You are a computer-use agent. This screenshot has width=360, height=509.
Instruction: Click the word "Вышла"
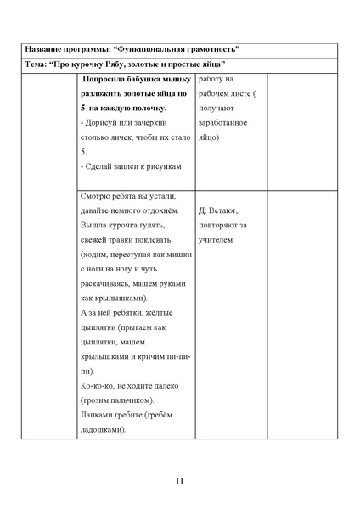(92, 227)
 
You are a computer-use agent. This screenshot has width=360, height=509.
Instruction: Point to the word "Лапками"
(95, 417)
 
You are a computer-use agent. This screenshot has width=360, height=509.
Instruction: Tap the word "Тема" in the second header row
(37, 64)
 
